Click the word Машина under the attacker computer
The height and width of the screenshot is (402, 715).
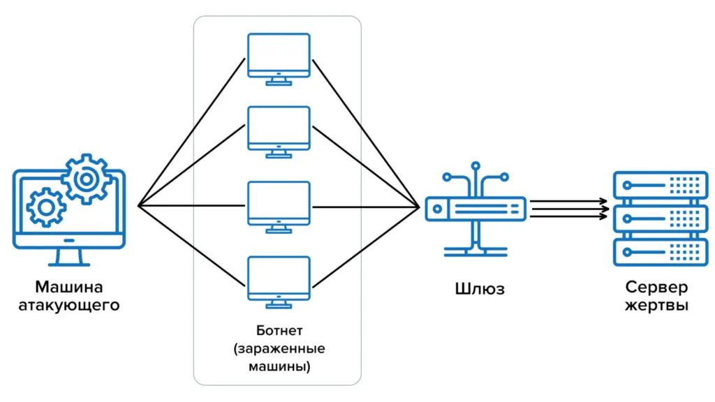[68, 287]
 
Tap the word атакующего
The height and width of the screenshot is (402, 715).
[68, 305]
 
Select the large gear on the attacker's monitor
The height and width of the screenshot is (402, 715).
[86, 179]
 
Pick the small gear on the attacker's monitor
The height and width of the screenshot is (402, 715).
[46, 207]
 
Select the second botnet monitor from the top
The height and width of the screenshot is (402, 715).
[279, 128]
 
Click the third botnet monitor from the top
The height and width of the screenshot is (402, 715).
[279, 203]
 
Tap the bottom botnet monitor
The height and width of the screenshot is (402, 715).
[279, 278]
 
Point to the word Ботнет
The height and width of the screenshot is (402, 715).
[279, 329]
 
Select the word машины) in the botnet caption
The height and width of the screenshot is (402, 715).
[279, 365]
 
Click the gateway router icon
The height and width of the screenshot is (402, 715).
[476, 207]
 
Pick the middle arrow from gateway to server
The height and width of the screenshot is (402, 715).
[567, 208]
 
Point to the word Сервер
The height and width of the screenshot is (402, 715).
[656, 288]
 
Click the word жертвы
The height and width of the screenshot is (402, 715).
[656, 306]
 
